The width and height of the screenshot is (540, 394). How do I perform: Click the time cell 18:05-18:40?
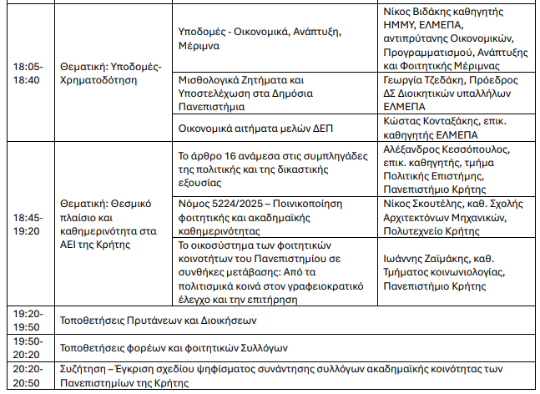point(30,73)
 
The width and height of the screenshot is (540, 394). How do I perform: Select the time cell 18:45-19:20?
point(30,224)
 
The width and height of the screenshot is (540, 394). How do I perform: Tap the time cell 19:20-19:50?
point(28,319)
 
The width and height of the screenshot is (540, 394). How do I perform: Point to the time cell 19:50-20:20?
point(28,347)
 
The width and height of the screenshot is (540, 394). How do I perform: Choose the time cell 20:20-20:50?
point(28,375)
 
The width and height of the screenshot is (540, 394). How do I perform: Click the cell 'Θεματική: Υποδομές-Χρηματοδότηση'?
point(112,73)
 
